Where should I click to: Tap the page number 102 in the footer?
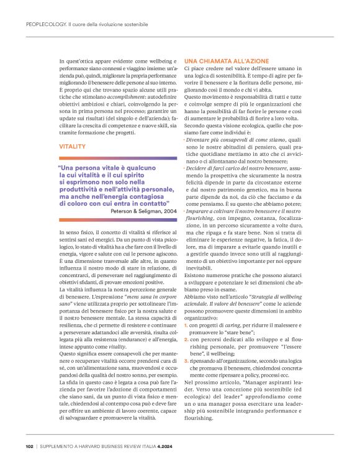point(29,446)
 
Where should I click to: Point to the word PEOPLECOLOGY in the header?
point(45,24)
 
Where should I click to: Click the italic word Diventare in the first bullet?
point(200,141)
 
